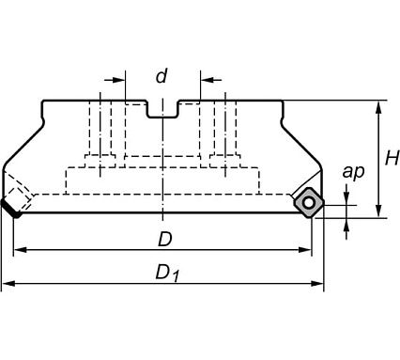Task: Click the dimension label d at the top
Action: (162, 76)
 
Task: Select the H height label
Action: (392, 158)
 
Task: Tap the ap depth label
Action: (353, 171)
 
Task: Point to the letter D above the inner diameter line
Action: (165, 240)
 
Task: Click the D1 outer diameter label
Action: (167, 273)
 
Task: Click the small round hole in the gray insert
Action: (309, 203)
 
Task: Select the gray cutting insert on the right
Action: (309, 203)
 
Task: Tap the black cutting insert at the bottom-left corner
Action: (11, 209)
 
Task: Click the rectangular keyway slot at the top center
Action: (162, 110)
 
